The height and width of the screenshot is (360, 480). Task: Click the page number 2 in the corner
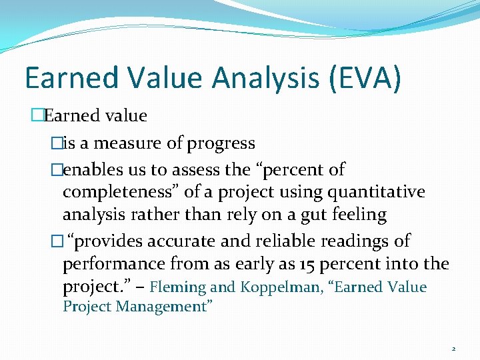click(453, 349)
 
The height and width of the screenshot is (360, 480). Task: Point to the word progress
click(221, 143)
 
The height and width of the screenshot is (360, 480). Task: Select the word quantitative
click(371, 192)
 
